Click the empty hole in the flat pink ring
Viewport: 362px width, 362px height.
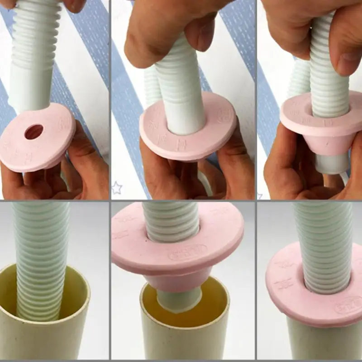(34, 132)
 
